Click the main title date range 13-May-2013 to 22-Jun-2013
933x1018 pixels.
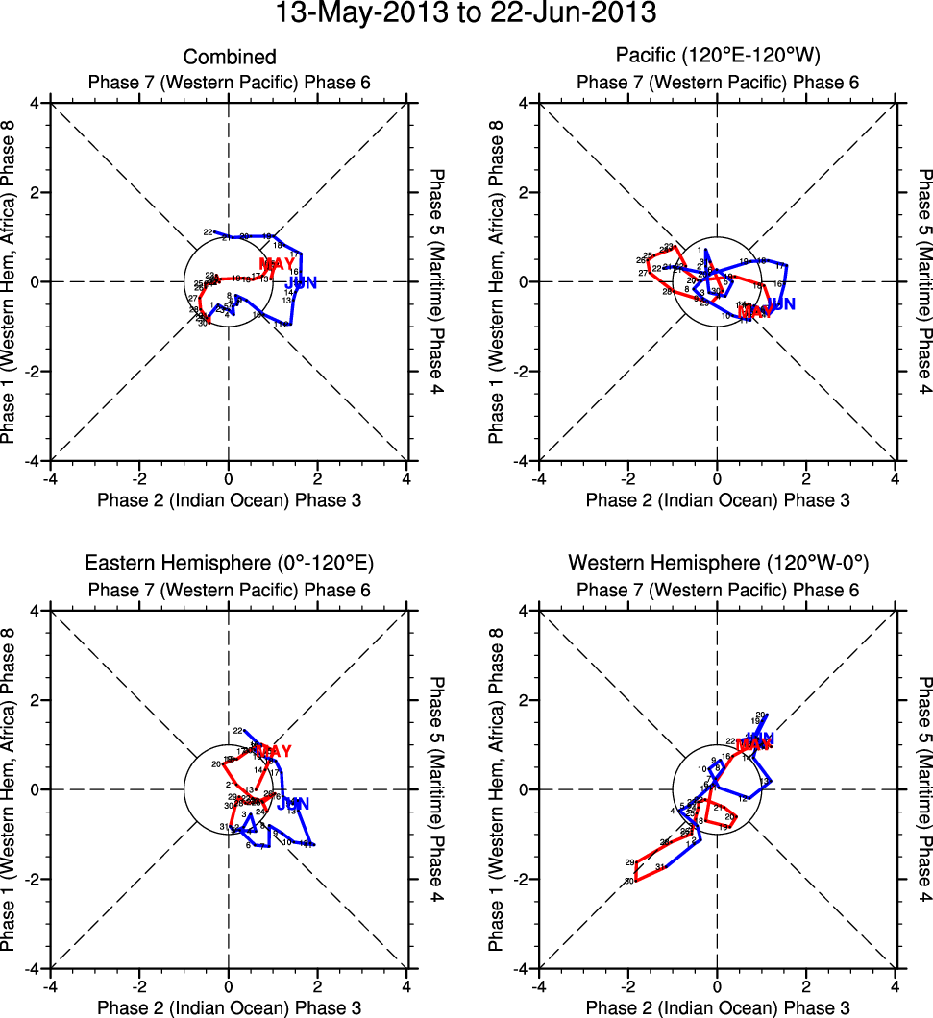(x=466, y=14)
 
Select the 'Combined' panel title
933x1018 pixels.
(x=230, y=58)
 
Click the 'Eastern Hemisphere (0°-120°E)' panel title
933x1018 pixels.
(x=230, y=563)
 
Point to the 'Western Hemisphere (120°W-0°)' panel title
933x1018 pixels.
(x=717, y=563)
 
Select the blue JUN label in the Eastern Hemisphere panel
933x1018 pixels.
(x=293, y=804)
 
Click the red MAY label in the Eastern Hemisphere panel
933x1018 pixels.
(x=273, y=751)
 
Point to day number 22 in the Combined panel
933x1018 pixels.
(x=208, y=232)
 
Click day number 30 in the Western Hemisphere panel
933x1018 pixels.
(x=629, y=881)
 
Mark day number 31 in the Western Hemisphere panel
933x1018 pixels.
(x=660, y=867)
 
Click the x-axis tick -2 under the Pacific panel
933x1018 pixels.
(x=626, y=477)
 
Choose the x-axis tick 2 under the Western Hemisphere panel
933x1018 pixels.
(x=806, y=985)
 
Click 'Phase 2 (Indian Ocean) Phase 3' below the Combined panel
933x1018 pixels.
(x=230, y=499)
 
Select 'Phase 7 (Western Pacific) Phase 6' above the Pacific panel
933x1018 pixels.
(x=717, y=82)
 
